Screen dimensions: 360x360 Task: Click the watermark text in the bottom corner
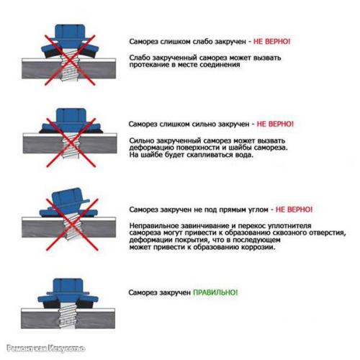click(43, 349)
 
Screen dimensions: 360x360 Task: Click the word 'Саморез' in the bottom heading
click(144, 294)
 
